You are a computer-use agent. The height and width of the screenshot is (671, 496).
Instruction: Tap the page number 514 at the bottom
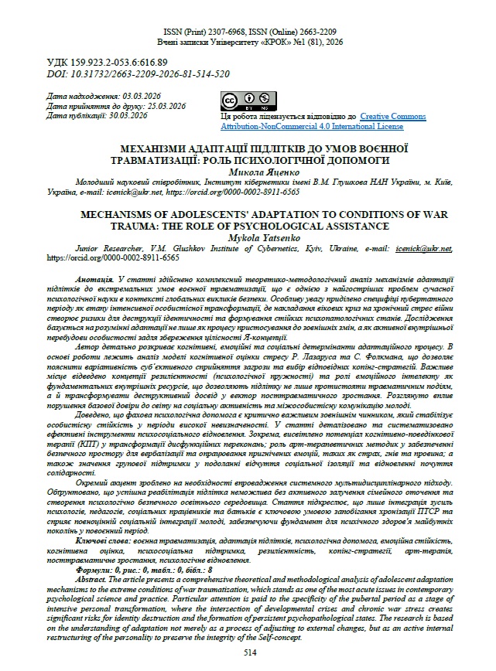click(x=249, y=652)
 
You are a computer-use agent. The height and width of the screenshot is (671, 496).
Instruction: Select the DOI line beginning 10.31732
click(x=139, y=73)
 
